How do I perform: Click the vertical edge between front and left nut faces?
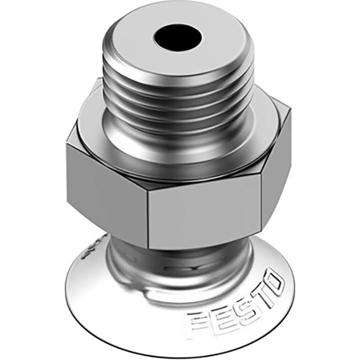click(149, 216)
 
